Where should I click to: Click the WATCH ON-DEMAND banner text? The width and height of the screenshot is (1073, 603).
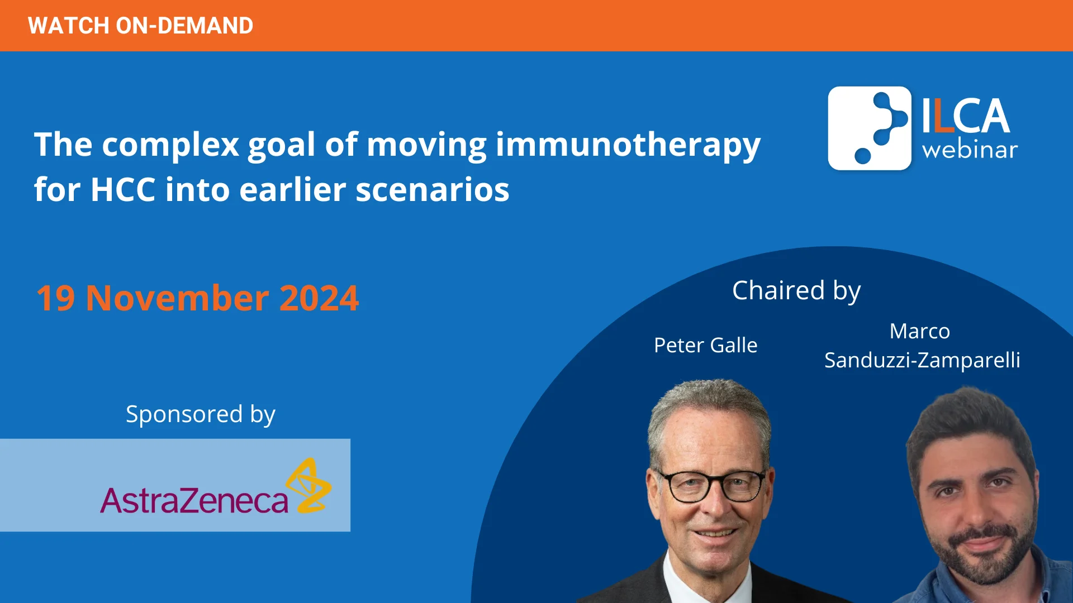140,26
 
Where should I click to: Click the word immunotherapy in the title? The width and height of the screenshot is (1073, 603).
628,145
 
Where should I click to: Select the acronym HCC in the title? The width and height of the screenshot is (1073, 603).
123,190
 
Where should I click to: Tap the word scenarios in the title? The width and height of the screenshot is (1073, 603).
432,190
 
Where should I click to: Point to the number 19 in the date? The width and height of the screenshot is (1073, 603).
55,298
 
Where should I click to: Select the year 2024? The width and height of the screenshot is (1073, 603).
319,298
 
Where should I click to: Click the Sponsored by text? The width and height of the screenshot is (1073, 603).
200,414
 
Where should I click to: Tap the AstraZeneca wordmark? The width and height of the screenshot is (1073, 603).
194,500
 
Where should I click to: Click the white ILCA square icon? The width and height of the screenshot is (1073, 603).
870,128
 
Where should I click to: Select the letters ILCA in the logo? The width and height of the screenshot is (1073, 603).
965,116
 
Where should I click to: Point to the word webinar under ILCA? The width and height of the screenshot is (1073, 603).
970,150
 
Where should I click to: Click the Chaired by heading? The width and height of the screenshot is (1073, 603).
796,290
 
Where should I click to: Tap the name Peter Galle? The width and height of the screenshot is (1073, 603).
705,345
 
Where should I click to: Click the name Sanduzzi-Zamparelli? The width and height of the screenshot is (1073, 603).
922,360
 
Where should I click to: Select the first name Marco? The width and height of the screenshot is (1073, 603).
919,331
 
